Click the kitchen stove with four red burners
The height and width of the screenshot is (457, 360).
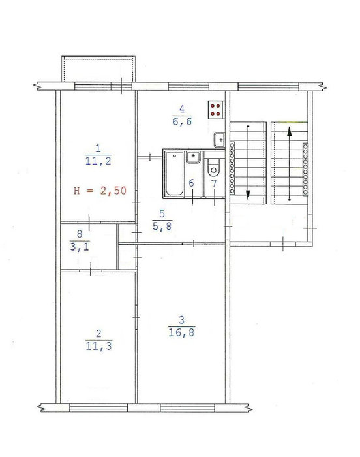pos(216,110)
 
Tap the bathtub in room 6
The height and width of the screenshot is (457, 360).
pos(174,174)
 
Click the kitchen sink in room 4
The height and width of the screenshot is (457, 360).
pos(219,140)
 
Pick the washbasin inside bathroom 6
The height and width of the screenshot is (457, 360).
pos(194,157)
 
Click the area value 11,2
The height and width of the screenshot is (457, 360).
pos(98,161)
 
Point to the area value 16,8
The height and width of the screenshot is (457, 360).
pos(181,332)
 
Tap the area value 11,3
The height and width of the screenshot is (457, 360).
pos(98,346)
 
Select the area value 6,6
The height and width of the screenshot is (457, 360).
pos(182,121)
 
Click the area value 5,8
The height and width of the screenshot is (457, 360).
pos(162,226)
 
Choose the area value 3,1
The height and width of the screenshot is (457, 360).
pos(79,247)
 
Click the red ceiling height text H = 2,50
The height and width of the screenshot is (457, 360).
pos(100,191)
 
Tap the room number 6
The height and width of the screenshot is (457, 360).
pos(191,183)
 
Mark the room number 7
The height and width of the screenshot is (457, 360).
pos(214,183)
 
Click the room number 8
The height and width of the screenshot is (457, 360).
pos(79,234)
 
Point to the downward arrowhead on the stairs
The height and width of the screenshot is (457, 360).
pos(248,195)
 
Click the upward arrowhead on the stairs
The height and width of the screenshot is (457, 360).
pos(289,131)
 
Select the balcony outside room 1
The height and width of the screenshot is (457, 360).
pos(98,69)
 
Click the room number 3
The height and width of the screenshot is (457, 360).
pos(181,320)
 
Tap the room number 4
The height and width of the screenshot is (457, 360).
pos(182,109)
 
